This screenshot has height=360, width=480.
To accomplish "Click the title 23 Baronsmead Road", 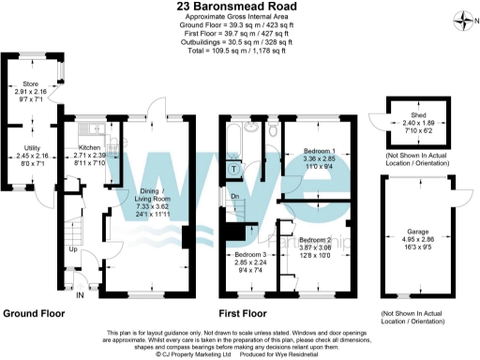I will [239, 7].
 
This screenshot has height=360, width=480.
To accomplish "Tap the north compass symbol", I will [462, 18].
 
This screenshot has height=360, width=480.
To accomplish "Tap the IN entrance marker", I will [80, 294].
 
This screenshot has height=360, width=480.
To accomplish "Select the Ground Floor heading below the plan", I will [34, 313].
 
